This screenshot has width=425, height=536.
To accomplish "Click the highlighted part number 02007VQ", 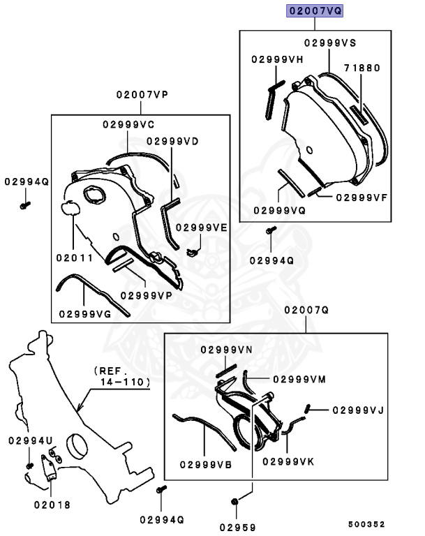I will pyautogui.click(x=315, y=10).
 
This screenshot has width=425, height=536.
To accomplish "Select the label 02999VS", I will pyautogui.click(x=330, y=43).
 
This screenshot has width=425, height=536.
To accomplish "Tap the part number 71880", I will pyautogui.click(x=361, y=68).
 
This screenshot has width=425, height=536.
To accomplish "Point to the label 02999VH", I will pyautogui.click(x=277, y=59).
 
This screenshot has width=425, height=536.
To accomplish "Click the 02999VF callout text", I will pyautogui.click(x=361, y=198).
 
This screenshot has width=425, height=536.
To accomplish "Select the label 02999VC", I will pyautogui.click(x=128, y=124).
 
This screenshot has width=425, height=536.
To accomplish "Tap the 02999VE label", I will pyautogui.click(x=202, y=227).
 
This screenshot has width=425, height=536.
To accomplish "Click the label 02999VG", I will pyautogui.click(x=85, y=314).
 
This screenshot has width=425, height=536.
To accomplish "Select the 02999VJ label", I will pyautogui.click(x=357, y=410).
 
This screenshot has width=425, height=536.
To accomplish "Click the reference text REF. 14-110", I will pyautogui.click(x=121, y=376).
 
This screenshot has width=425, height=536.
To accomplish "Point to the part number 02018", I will pyautogui.click(x=52, y=504).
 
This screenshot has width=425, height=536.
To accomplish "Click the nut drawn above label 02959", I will pyautogui.click(x=234, y=501).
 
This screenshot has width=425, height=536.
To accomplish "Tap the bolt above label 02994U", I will pyautogui.click(x=30, y=465).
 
